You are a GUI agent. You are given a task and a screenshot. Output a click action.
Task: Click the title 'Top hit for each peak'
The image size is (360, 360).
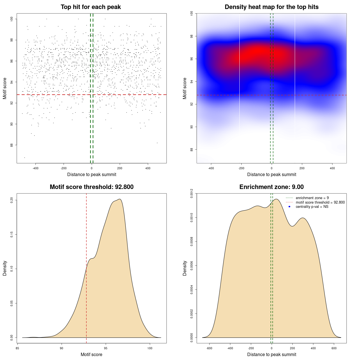point(91,7)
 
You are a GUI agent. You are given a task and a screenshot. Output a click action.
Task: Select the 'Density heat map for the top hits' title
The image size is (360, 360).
point(271,7)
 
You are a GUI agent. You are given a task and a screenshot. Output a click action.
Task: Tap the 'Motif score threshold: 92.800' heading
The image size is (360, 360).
point(91,187)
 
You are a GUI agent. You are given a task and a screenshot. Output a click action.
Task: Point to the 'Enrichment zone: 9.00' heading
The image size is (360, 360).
point(271,187)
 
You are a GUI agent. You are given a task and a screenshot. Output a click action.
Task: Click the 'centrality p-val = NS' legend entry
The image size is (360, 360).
point(312,207)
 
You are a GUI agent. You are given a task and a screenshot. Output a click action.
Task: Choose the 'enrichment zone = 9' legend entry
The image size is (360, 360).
point(312,198)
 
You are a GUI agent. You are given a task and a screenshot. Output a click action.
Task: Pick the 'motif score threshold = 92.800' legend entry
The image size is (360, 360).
point(320,202)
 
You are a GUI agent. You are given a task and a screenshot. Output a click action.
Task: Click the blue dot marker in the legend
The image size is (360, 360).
point(289,207)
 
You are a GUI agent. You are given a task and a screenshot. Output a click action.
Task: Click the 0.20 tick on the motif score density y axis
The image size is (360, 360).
point(12,200)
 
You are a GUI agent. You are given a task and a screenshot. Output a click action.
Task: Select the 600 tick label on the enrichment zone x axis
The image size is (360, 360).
point(334,348)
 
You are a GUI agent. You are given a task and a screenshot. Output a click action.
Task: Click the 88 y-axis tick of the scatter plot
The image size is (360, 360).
point(12,145)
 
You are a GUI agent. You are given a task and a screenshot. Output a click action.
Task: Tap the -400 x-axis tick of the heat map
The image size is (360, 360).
point(211,168)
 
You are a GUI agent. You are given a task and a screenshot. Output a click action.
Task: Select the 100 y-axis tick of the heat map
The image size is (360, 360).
point(192,13)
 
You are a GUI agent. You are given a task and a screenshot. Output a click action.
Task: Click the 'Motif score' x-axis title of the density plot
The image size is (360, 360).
point(91,354)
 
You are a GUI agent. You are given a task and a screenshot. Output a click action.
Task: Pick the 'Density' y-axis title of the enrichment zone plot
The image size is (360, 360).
point(185,268)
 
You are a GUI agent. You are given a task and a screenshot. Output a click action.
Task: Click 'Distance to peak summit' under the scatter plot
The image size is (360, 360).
point(92,174)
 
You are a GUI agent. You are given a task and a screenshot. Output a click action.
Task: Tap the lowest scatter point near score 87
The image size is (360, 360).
point(24,157)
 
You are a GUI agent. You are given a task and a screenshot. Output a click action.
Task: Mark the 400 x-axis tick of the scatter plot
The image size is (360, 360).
point(148,168)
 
